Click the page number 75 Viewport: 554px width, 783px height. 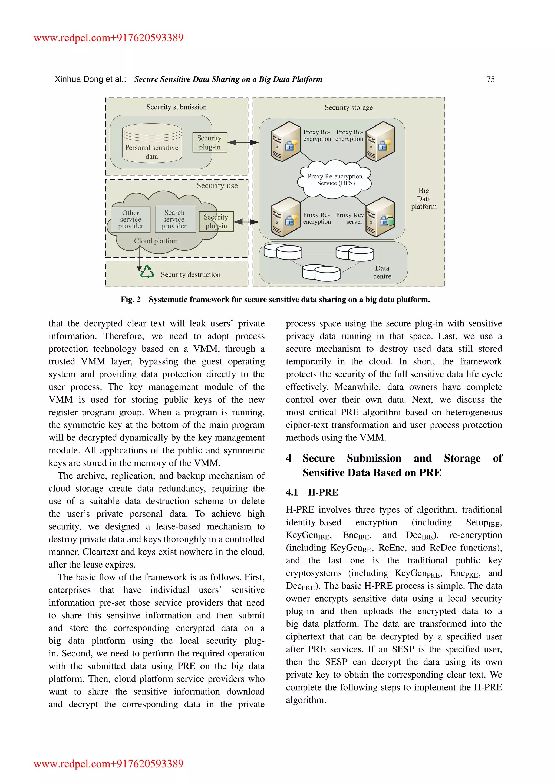490,79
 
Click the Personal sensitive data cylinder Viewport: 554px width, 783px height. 152,144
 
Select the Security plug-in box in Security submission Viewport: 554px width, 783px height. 209,142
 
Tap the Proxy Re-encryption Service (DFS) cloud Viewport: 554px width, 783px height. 335,180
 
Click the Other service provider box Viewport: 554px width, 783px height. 131,219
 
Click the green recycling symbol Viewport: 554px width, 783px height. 147,273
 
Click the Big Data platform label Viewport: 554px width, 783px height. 424,198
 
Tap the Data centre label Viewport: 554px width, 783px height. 382,272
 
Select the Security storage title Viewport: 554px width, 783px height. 348,107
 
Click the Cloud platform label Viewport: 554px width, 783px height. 157,241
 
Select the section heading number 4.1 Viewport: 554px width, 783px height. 292,492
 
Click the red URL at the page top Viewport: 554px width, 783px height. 108,38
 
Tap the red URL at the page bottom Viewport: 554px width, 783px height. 108,764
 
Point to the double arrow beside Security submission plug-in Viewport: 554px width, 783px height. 243,142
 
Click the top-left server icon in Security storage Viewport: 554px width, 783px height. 286,141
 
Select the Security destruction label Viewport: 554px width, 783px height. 190,274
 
